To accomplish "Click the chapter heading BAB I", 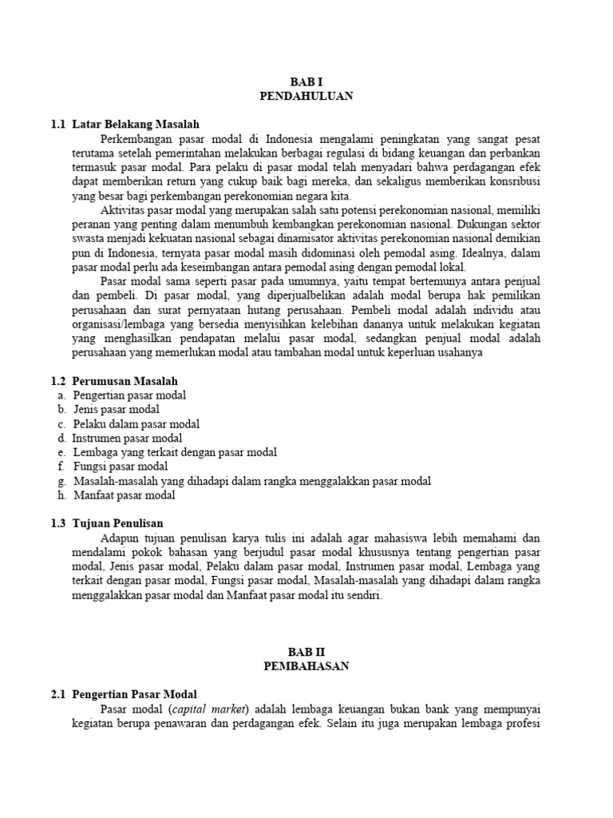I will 306,81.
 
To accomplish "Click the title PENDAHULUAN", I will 306,96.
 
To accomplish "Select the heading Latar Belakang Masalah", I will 135,124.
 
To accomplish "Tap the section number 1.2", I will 57,380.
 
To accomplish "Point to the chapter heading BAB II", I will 306,652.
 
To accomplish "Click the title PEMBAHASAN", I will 306,666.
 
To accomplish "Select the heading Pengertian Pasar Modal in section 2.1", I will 134,694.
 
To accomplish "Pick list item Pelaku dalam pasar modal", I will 136,424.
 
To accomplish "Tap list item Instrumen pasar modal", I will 127,438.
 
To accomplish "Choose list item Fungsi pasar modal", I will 121,467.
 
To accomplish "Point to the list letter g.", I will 61,481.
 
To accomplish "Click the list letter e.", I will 61,452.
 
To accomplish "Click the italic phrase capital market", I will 216,709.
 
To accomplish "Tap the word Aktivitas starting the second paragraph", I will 121,210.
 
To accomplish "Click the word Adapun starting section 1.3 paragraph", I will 119,538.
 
